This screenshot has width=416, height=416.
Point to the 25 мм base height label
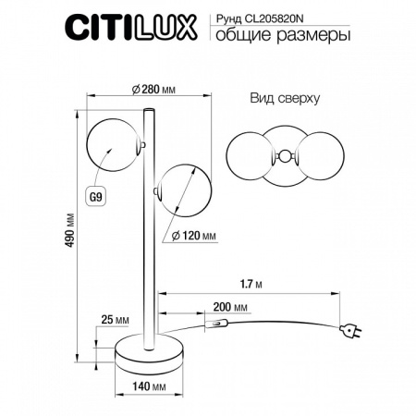111,320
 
